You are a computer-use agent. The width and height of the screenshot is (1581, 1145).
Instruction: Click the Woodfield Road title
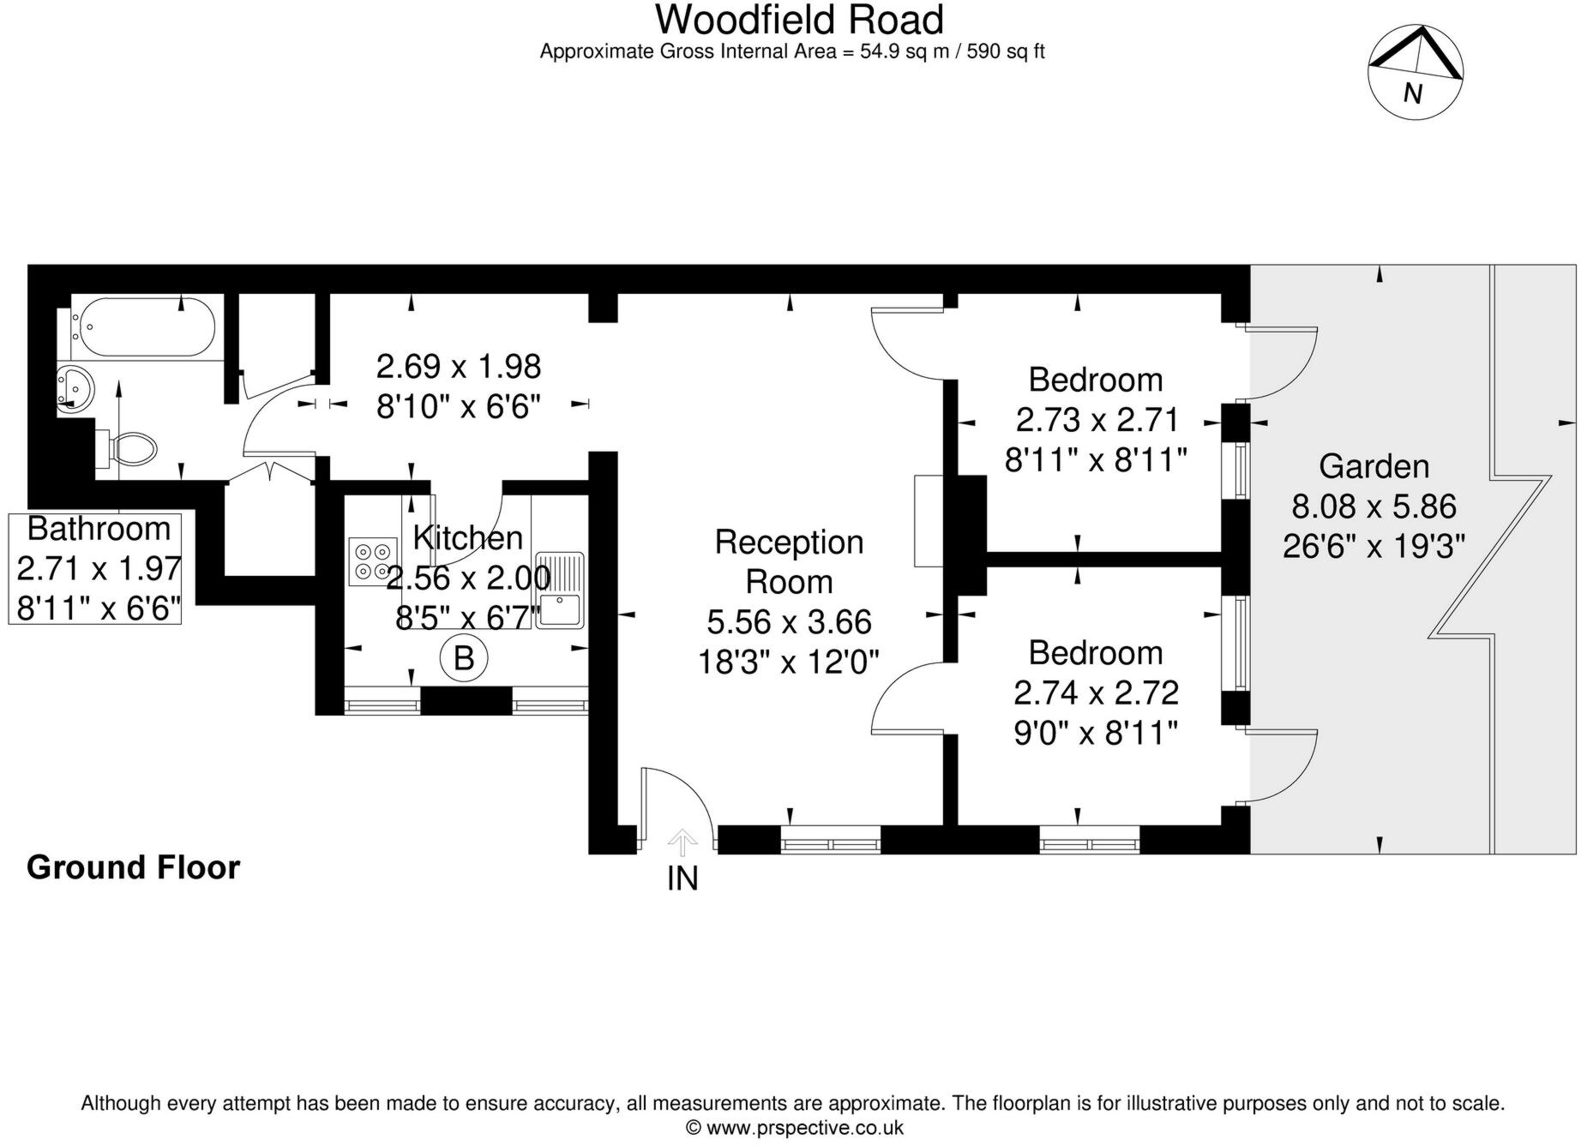point(799,19)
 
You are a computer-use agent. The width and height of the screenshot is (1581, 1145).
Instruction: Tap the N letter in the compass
point(1412,93)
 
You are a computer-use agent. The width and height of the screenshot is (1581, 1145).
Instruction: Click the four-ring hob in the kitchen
point(373,561)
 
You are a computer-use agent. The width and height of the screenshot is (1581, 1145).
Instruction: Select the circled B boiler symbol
point(463,658)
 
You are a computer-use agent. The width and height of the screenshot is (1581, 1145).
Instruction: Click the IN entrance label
point(682,878)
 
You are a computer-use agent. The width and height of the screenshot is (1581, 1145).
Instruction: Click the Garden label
point(1374,466)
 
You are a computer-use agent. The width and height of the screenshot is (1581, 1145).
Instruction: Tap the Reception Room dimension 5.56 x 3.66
point(789,621)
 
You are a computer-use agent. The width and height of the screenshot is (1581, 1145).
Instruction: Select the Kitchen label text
point(467,537)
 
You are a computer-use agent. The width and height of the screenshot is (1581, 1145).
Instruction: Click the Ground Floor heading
point(133,867)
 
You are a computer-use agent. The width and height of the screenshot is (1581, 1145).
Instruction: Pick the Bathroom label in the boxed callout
point(99,529)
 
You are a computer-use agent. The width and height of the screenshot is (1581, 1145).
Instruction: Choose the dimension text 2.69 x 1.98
point(459,367)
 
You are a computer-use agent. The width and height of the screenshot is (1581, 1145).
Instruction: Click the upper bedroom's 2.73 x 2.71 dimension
point(1097,420)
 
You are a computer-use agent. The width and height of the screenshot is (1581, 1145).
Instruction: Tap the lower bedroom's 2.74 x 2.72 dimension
point(1096,692)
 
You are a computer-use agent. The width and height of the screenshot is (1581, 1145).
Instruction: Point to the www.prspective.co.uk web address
point(804,1128)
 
